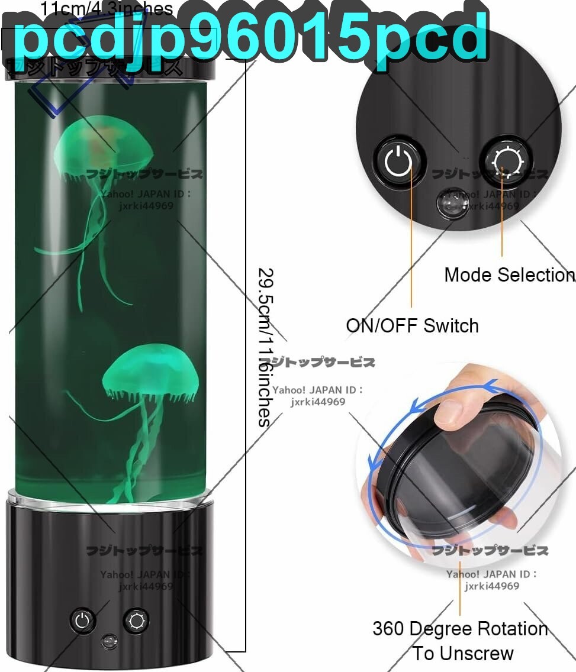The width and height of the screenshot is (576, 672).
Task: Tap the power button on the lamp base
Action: pyautogui.click(x=83, y=621)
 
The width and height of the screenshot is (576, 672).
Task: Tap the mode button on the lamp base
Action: pyautogui.click(x=136, y=621)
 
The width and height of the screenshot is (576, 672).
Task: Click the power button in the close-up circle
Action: pyautogui.click(x=400, y=161)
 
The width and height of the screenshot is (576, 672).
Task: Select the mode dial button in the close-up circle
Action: pyautogui.click(x=505, y=160)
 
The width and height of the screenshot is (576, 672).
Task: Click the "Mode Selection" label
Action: pyautogui.click(x=508, y=274)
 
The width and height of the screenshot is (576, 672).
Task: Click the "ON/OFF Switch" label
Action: pyautogui.click(x=412, y=325)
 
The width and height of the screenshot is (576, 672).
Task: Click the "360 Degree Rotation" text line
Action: pyautogui.click(x=460, y=628)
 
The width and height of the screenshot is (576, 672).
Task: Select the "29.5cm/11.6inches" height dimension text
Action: pyautogui.click(x=266, y=348)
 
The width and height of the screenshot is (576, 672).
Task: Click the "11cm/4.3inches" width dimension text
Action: pyautogui.click(x=107, y=9)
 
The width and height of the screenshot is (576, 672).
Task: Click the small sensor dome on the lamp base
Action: pyautogui.click(x=108, y=641)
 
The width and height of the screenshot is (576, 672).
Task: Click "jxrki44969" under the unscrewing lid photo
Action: pyautogui.click(x=491, y=586)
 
